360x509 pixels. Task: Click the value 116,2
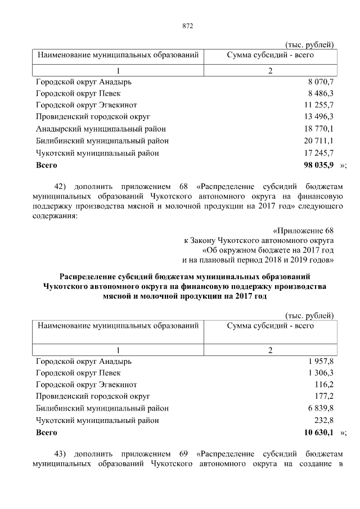[x=323, y=385]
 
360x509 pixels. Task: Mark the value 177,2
[x=323, y=397]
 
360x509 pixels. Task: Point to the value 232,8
[x=323, y=420]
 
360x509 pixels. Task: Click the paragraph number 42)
[x=61, y=186]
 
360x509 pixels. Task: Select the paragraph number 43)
[x=61, y=454]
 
